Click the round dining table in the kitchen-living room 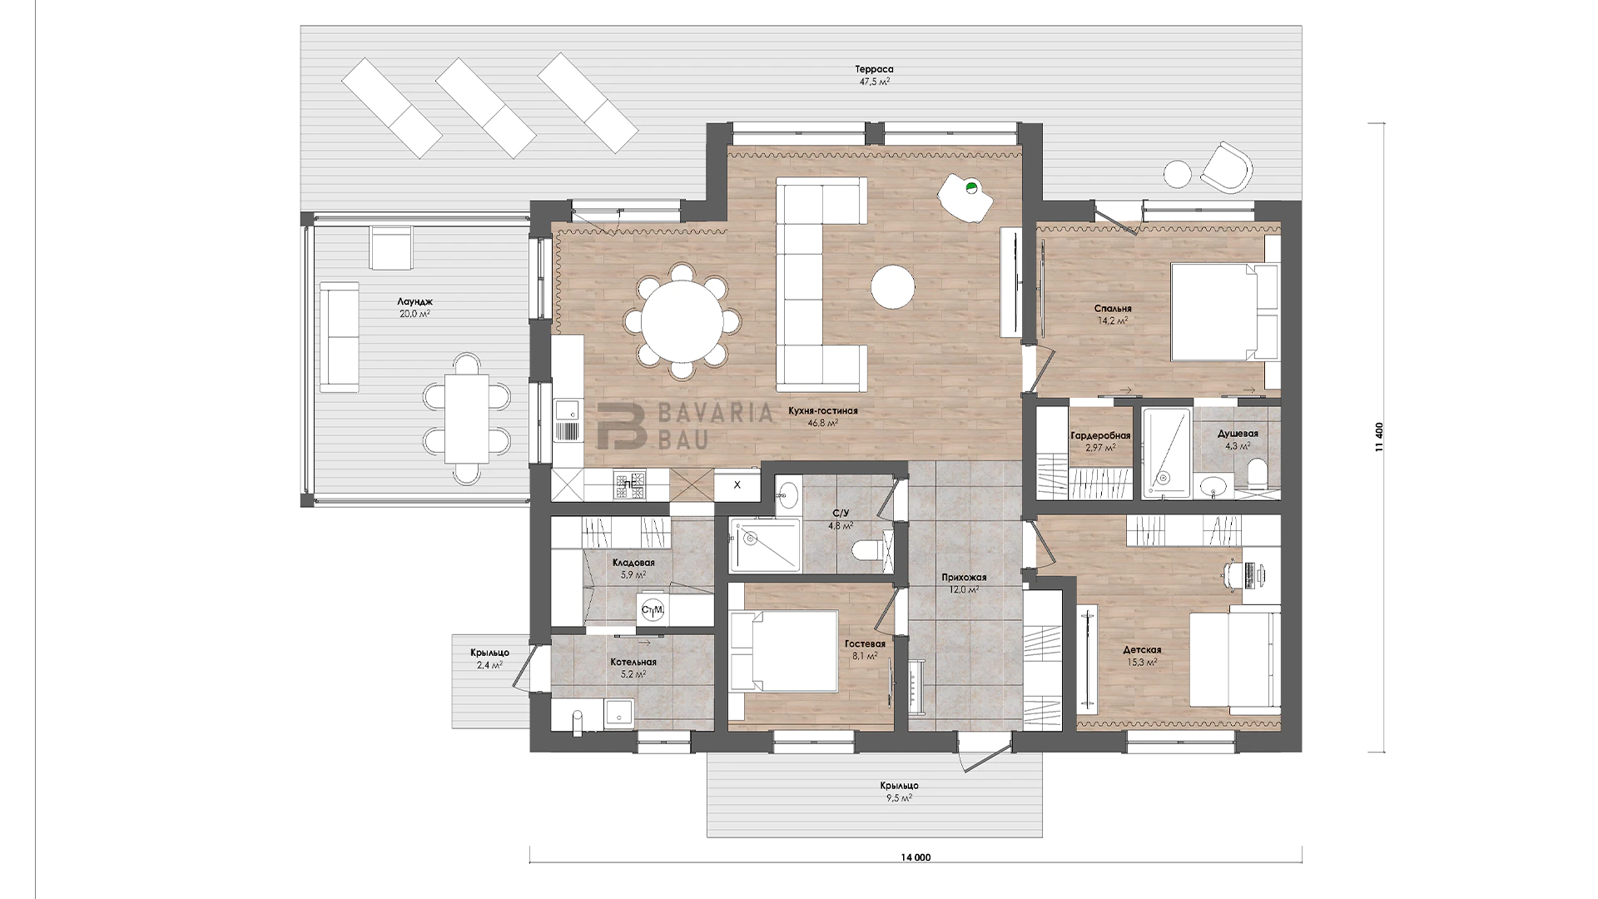682,321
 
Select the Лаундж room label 414,301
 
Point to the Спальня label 1113,309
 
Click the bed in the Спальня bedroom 1224,311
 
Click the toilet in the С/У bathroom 871,550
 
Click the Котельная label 633,663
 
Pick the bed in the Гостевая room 783,651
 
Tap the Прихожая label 964,578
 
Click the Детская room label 1142,650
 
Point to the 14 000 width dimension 916,857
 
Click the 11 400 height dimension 1379,437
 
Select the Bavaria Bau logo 684,425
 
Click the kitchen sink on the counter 568,420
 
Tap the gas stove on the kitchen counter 630,485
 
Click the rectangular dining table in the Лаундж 466,419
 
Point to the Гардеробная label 1100,436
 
